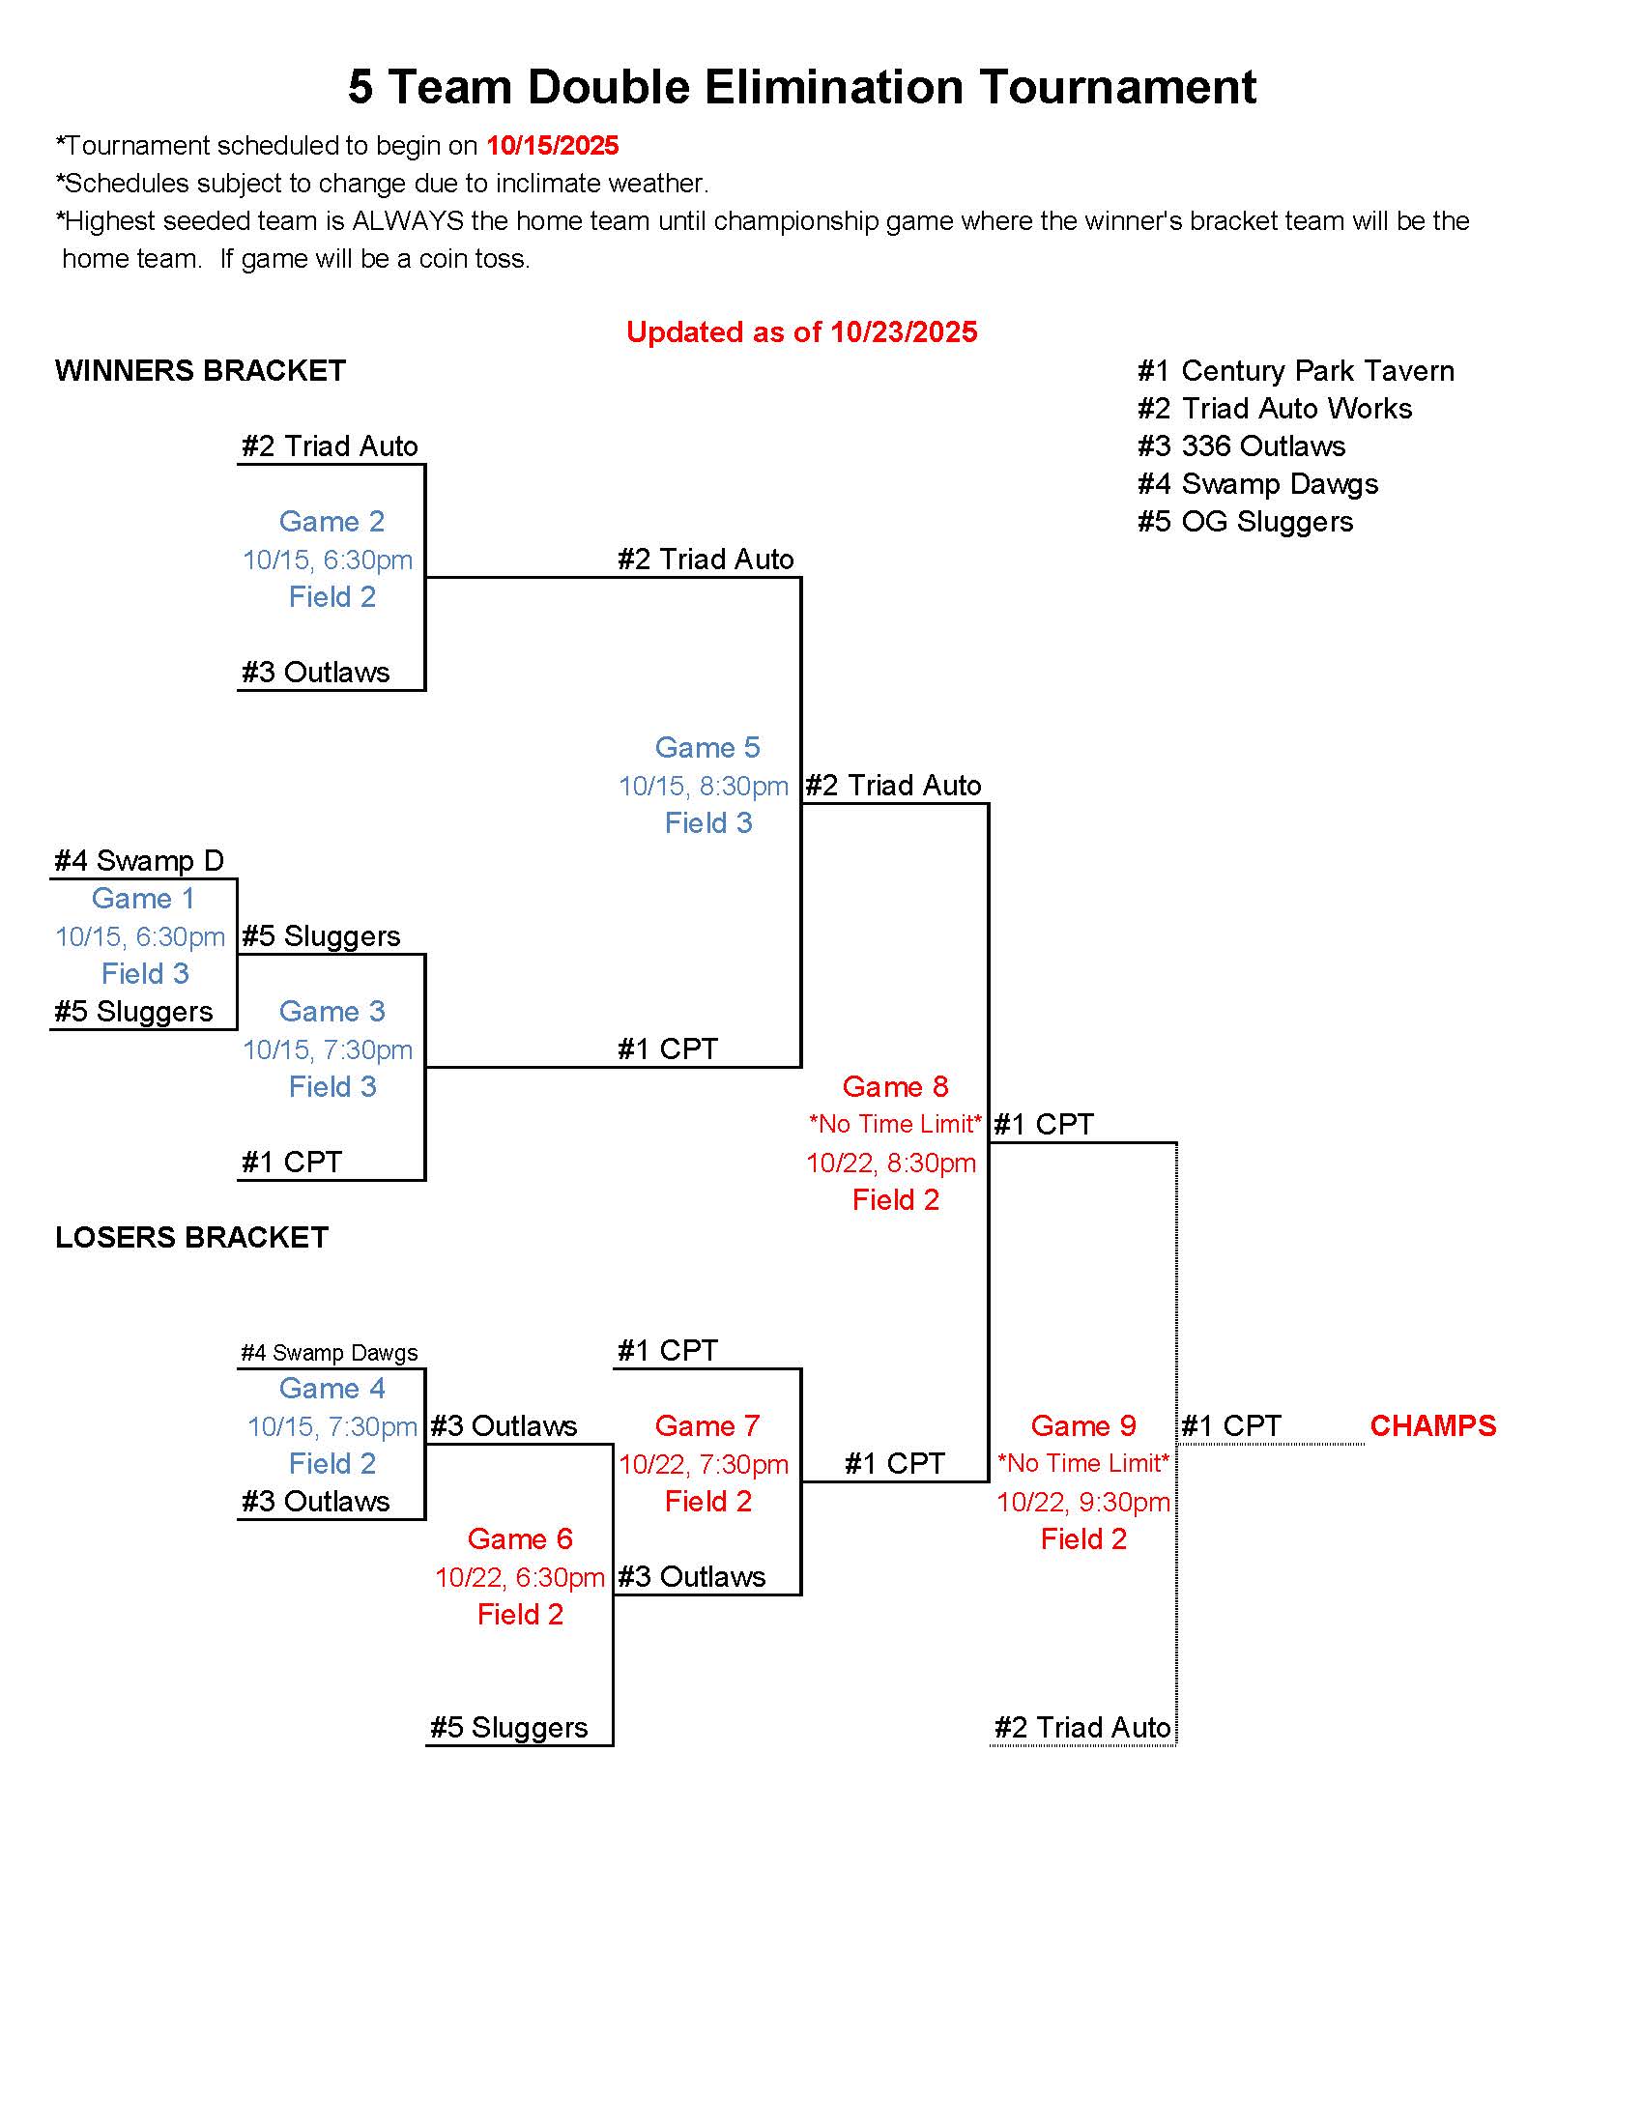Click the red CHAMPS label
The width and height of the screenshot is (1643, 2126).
1431,1426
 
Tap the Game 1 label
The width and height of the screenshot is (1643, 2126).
143,899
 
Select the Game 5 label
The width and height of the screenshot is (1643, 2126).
706,748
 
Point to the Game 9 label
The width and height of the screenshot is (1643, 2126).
1082,1426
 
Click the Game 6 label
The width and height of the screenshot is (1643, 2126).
520,1539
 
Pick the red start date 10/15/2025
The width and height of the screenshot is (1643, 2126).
552,146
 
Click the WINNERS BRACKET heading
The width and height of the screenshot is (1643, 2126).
200,371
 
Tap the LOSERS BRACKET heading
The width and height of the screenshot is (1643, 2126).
191,1237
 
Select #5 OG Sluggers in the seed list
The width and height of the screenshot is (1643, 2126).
1245,522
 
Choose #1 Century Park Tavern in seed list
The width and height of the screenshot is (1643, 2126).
1295,371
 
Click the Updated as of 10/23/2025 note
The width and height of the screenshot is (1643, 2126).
801,333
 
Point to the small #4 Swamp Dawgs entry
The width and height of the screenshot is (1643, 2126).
329,1353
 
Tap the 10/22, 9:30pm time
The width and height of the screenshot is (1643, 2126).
1082,1502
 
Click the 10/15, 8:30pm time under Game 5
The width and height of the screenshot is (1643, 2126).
704,787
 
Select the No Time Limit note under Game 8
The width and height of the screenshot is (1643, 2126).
896,1124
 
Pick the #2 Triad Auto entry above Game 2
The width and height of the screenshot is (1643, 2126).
329,445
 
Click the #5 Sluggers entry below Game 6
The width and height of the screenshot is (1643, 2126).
509,1728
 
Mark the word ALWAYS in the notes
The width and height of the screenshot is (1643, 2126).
408,221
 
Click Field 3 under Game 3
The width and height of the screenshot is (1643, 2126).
331,1087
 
